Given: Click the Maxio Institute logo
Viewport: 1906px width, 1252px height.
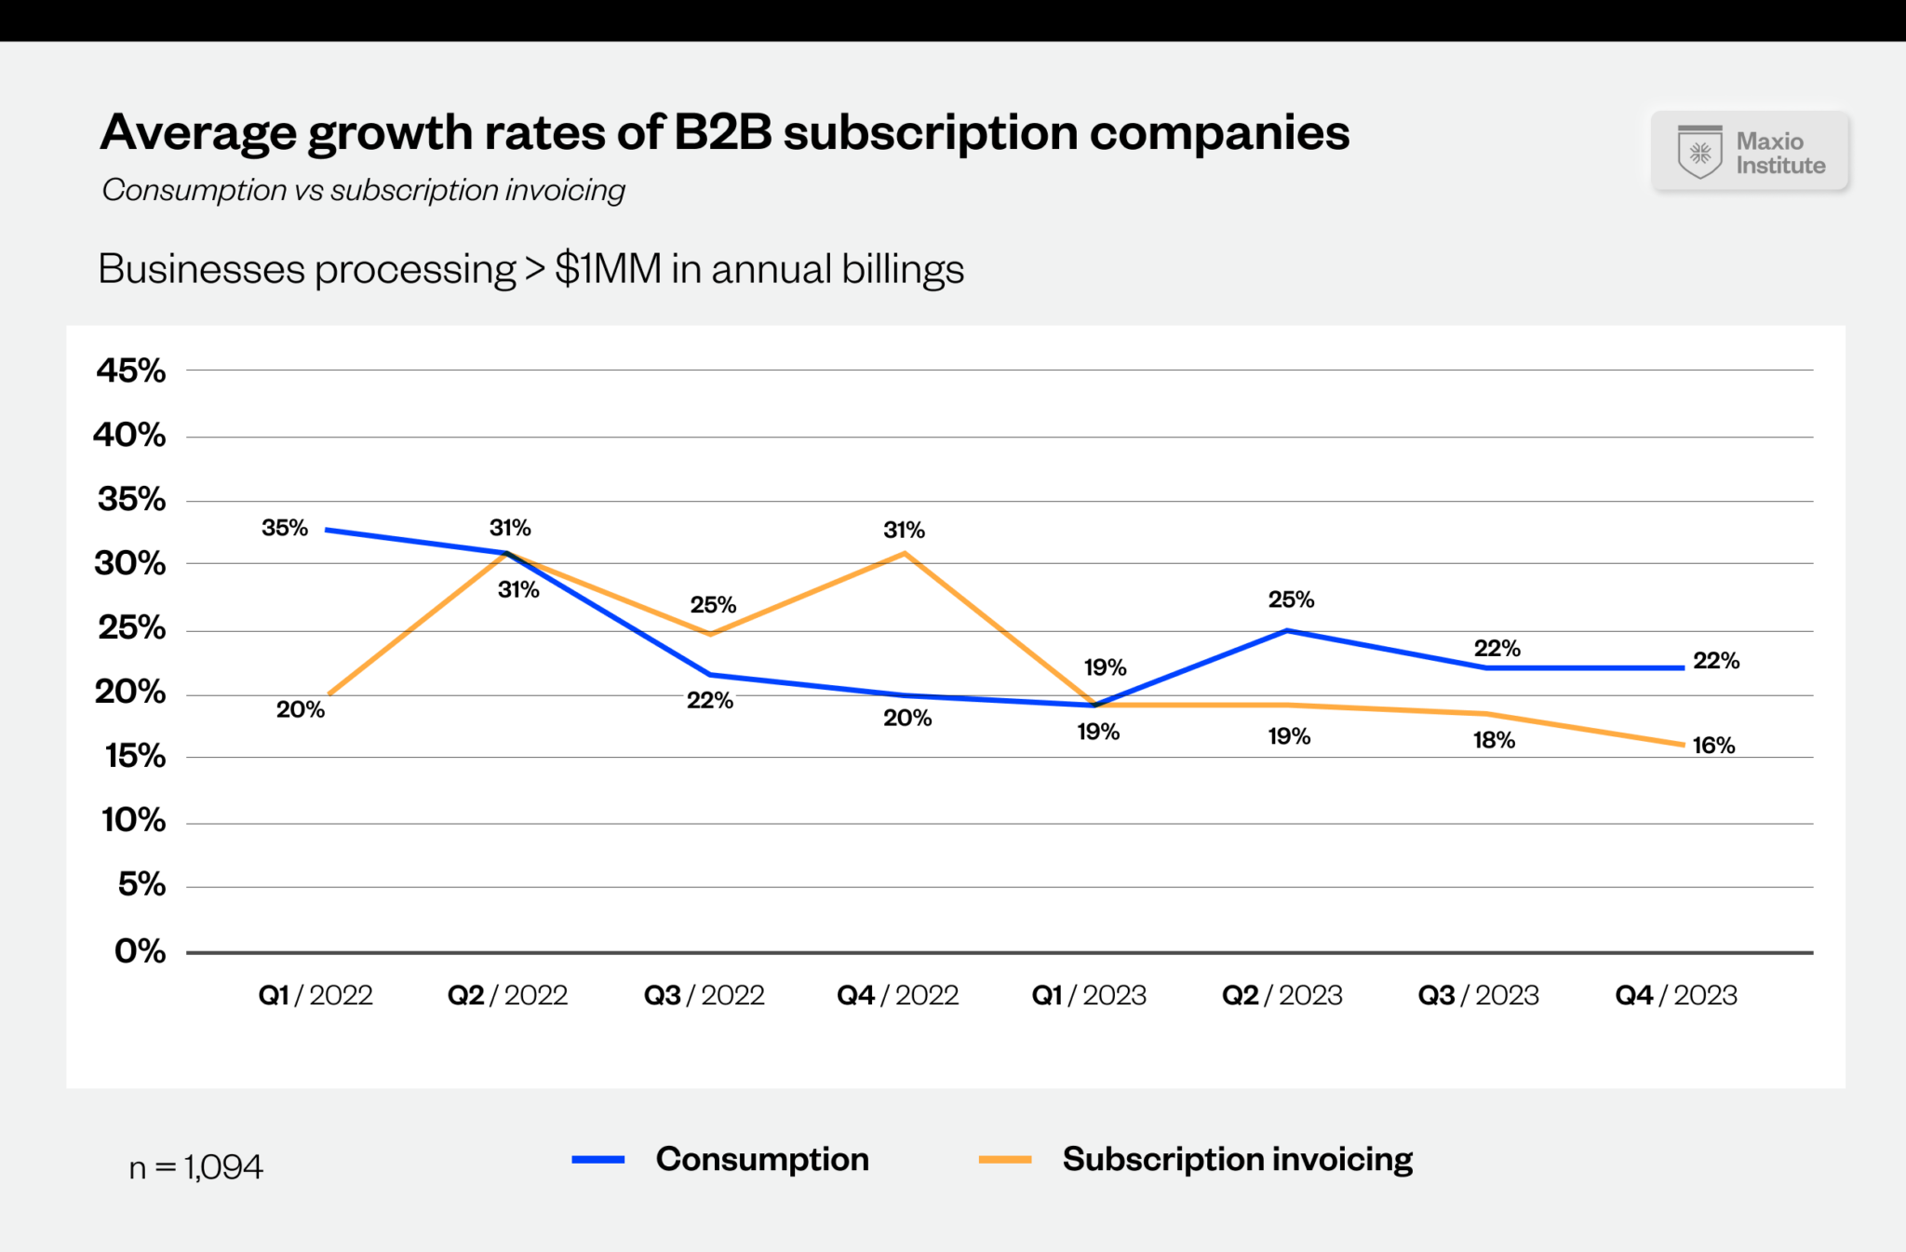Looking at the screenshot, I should point(1750,152).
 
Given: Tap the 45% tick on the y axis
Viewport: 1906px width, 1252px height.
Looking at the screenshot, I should point(130,370).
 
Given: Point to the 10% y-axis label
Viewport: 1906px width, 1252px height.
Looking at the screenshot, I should point(133,820).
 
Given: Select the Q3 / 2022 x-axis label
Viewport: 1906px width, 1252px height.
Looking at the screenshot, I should point(704,995).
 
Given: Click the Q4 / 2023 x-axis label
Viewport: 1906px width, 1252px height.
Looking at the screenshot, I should point(1675,995).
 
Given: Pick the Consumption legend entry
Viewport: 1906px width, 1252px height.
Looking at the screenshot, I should point(721,1160).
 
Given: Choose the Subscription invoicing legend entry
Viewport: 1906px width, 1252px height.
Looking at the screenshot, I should point(1197,1160).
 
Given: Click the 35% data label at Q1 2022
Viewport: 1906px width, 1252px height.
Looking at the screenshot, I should point(284,528).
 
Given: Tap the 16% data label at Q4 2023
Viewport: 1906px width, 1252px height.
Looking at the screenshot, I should point(1712,746).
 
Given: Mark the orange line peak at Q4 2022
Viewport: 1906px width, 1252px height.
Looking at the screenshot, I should point(904,554).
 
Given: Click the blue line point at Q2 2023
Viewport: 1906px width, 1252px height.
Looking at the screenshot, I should point(1286,631).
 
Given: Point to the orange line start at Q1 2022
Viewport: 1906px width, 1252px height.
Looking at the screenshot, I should point(329,694).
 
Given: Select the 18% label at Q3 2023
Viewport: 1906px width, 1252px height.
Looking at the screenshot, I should point(1493,741).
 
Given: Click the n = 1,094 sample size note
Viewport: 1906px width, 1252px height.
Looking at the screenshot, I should point(195,1167).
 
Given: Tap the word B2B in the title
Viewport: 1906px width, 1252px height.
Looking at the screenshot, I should point(722,132).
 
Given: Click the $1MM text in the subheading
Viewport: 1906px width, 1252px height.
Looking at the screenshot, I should point(606,269).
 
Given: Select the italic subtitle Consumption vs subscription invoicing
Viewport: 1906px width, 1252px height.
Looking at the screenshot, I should point(363,190).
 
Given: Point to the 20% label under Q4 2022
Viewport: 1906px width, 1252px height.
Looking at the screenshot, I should point(906,718).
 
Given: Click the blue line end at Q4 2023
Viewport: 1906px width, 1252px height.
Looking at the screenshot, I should point(1683,667).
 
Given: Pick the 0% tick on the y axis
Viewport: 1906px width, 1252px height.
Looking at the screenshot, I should point(140,951).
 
